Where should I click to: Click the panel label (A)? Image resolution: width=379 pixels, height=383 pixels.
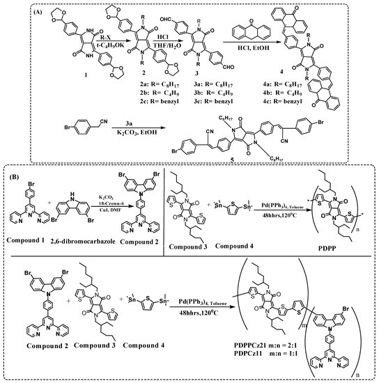pyautogui.click(x=20, y=11)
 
